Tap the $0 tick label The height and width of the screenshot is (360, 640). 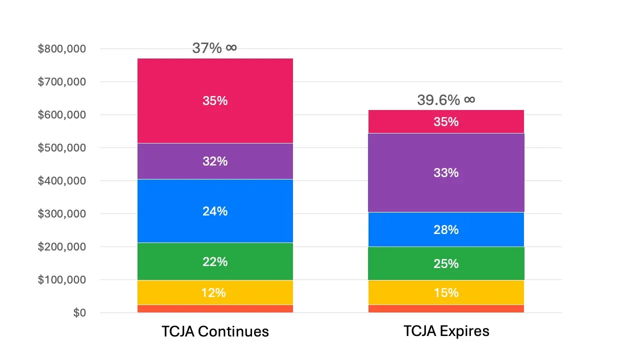pyautogui.click(x=79, y=313)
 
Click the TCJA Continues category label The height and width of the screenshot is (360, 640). pyautogui.click(x=215, y=331)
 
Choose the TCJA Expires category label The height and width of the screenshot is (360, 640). pyautogui.click(x=446, y=331)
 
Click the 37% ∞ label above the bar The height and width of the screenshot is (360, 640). pyautogui.click(x=214, y=48)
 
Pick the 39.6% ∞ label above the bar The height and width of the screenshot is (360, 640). pyautogui.click(x=446, y=100)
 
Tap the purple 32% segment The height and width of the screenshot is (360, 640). pyautogui.click(x=215, y=161)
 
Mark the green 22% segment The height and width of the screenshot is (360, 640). pyautogui.click(x=215, y=261)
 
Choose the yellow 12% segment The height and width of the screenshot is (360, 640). pyautogui.click(x=215, y=292)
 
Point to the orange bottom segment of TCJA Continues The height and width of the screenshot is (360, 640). pyautogui.click(x=215, y=309)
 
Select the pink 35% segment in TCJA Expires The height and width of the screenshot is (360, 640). pyautogui.click(x=446, y=121)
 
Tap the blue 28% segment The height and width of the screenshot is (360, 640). pyautogui.click(x=446, y=229)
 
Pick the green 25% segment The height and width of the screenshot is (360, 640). pyautogui.click(x=446, y=263)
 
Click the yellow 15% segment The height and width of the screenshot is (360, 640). pyautogui.click(x=446, y=292)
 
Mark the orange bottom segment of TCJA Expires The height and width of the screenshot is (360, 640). pyautogui.click(x=446, y=309)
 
